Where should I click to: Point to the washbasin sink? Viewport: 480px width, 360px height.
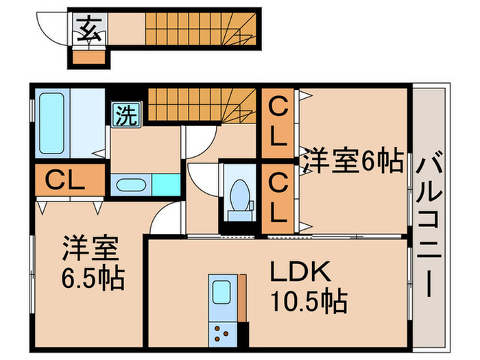[x=130, y=184]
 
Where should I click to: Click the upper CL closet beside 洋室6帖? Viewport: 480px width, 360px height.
[x=277, y=122]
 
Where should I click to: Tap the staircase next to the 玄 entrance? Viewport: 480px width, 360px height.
[x=199, y=29]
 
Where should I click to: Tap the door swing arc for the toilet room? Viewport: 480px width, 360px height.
[x=202, y=180]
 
